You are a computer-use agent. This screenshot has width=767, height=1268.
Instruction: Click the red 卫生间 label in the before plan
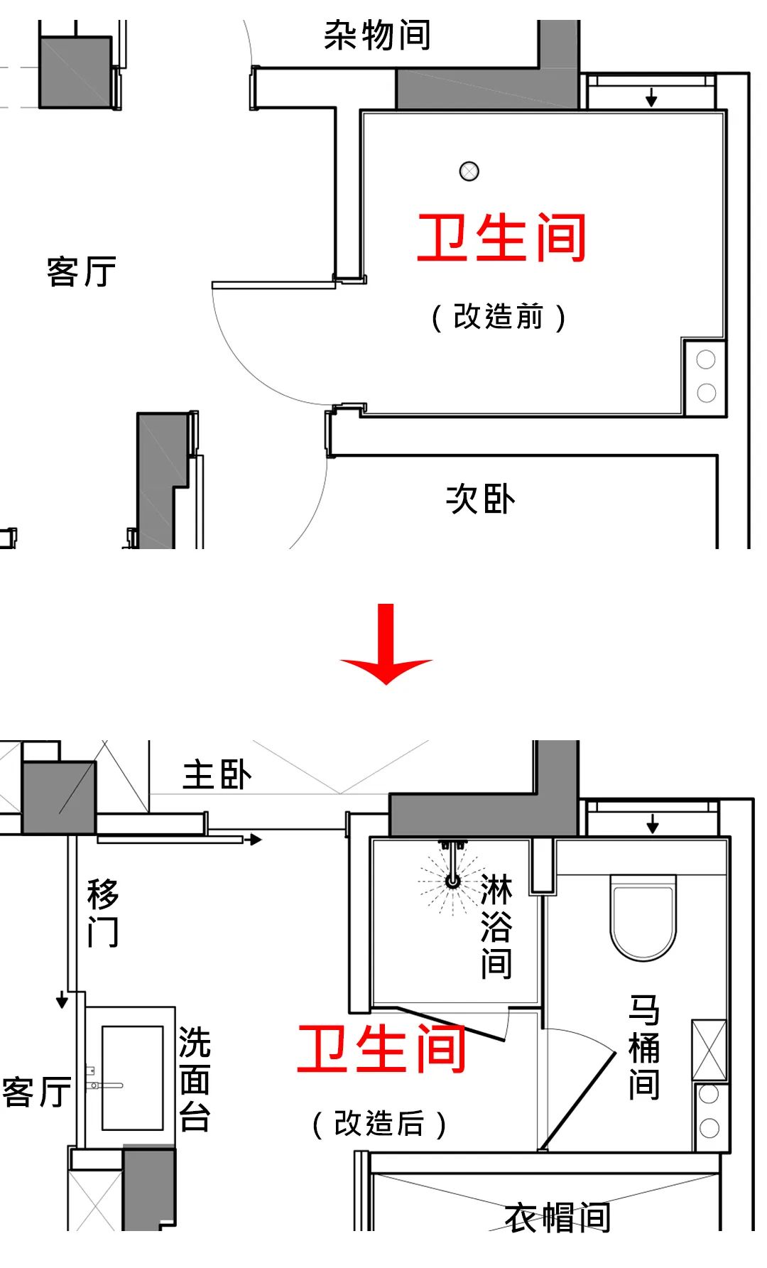501,238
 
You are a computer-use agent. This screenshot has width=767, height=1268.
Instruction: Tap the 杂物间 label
377,35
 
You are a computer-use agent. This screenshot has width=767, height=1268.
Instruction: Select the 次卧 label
480,499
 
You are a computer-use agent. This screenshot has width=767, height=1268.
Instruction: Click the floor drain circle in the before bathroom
469,171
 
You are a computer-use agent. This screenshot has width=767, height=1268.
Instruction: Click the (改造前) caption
499,317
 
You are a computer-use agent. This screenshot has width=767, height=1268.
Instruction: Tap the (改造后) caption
379,1124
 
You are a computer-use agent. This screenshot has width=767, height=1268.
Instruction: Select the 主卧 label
217,774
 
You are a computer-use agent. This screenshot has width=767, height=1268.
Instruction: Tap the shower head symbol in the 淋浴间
452,882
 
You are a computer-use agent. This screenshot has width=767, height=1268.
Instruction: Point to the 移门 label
103,913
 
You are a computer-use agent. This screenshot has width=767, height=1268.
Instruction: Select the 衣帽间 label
557,1218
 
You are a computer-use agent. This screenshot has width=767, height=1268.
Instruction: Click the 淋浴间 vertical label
496,927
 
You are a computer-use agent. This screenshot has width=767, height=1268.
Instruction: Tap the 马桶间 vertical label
644,1047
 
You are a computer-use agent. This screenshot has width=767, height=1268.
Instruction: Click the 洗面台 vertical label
194,1079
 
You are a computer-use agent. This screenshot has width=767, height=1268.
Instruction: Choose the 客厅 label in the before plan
81,271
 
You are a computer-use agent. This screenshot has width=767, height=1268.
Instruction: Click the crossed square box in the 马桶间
709,1050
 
